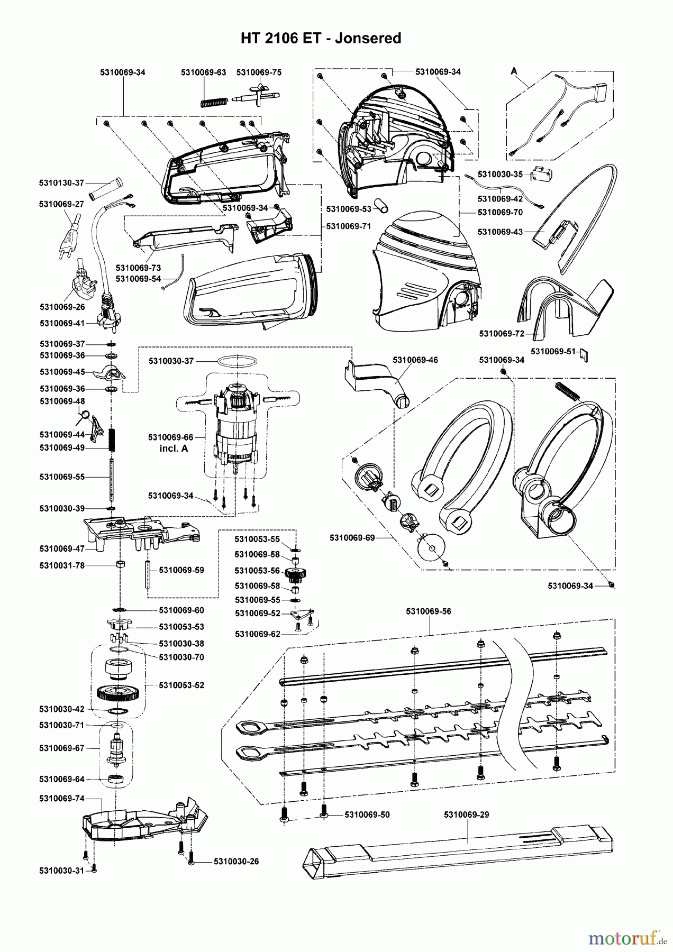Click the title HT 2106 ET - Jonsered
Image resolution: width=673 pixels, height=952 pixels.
(321, 38)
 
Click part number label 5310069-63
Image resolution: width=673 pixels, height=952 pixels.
(203, 72)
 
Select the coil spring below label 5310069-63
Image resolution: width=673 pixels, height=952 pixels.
(214, 100)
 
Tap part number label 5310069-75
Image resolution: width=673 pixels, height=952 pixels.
(259, 72)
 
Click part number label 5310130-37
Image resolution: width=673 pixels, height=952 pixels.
(61, 183)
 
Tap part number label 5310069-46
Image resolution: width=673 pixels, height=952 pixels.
(415, 360)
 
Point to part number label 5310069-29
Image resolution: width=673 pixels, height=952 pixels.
(466, 814)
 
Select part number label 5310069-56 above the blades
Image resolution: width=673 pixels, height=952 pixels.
(429, 611)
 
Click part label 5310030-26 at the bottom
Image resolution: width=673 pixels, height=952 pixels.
(236, 862)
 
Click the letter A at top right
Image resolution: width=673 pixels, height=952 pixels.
(513, 70)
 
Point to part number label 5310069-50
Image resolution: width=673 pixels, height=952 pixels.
(367, 814)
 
